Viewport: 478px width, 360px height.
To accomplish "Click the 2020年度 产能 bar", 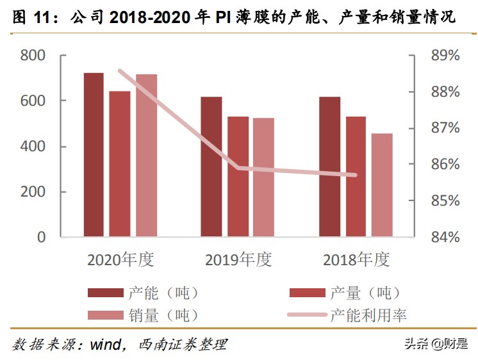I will [x=94, y=155].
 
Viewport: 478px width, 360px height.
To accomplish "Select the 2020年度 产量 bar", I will [x=120, y=164].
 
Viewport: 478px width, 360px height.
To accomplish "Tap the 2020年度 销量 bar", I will [x=146, y=156].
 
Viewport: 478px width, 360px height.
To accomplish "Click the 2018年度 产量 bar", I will [x=356, y=177].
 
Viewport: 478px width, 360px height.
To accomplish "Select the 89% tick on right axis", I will [x=445, y=56].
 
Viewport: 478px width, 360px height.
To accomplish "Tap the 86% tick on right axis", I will [x=445, y=165].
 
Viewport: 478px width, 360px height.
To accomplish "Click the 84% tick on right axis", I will [x=445, y=238].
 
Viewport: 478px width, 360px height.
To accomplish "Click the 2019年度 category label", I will [x=238, y=259].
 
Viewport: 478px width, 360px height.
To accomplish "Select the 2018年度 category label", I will [x=356, y=259].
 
